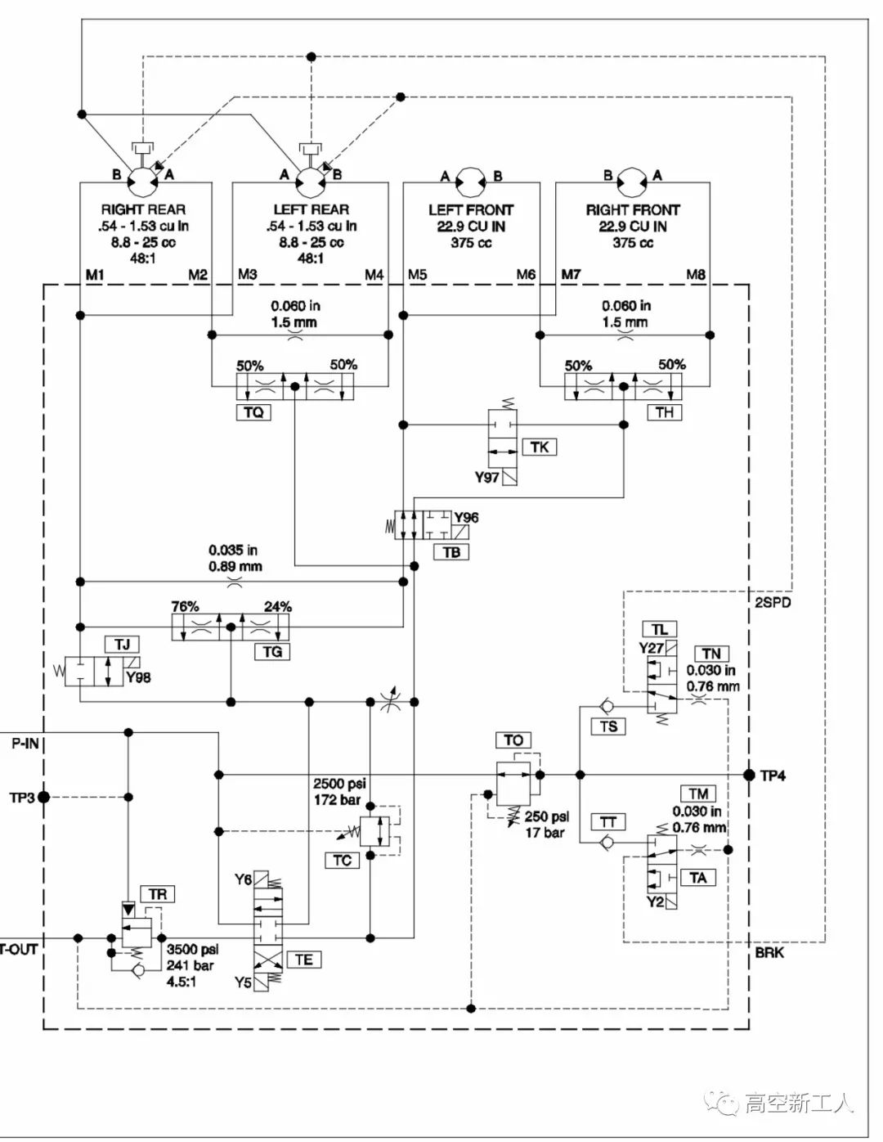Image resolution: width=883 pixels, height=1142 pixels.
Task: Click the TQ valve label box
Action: (x=254, y=412)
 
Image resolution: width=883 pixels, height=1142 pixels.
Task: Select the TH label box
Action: (x=665, y=412)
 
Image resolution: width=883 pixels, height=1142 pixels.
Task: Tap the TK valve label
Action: (x=540, y=447)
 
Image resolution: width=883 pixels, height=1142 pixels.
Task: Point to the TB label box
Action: (x=451, y=552)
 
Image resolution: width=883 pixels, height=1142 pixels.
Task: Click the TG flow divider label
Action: (x=272, y=651)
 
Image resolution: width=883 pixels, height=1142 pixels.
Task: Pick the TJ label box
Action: (x=122, y=645)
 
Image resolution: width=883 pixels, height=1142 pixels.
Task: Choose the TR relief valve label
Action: (x=158, y=894)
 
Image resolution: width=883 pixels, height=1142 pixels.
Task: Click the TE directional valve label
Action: (x=303, y=960)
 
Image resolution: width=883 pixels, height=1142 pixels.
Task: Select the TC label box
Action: (x=343, y=860)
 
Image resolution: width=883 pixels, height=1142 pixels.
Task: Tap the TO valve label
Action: (x=513, y=740)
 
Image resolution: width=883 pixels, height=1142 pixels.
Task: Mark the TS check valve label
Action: (x=608, y=726)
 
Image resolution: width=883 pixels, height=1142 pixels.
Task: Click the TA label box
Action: (x=697, y=878)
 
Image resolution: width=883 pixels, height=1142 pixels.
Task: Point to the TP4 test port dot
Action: (x=749, y=775)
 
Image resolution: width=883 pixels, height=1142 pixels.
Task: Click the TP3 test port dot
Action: (x=44, y=797)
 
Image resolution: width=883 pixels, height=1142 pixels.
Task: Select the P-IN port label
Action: (x=25, y=744)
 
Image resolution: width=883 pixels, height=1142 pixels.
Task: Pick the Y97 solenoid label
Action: (x=486, y=477)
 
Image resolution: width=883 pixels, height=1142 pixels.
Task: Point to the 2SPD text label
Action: (x=773, y=603)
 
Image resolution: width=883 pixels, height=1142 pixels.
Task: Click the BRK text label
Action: (x=769, y=952)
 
